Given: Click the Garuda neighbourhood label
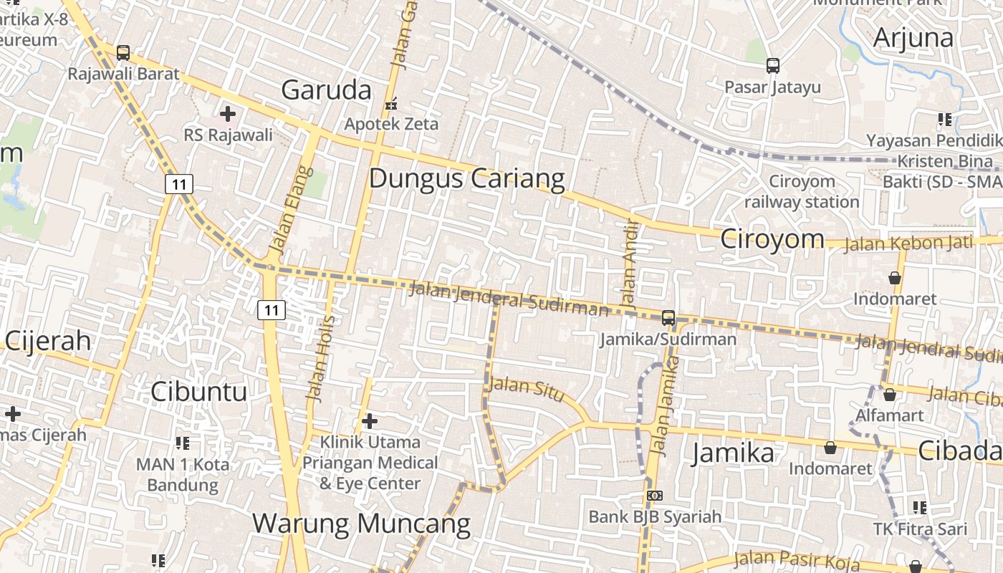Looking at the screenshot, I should pos(326,90).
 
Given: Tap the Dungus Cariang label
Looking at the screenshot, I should pos(466,178).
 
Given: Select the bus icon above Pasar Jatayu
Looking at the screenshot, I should pos(772,66).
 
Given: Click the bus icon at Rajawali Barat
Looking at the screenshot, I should pos(123,53).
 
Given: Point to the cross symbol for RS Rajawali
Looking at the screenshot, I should pos(228,114).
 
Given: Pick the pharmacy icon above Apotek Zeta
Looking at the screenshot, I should pos(391,105).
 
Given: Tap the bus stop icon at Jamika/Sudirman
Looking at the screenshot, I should pos(668,317).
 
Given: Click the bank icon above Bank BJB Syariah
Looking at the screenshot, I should pos(654,496).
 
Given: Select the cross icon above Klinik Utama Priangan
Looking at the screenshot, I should pos(370,420).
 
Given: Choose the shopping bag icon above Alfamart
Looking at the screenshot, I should pos(889,395).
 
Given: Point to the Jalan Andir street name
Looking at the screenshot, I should pos(629,265).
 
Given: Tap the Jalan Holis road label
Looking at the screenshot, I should pos(320,358).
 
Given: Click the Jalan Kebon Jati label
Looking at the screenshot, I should pos(908,243).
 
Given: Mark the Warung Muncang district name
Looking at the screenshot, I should pos(361,524).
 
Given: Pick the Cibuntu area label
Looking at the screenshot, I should pos(198,391).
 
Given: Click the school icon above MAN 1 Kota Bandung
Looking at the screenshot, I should pos(183,443).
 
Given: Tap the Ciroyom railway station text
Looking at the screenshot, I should pos(802,191).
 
